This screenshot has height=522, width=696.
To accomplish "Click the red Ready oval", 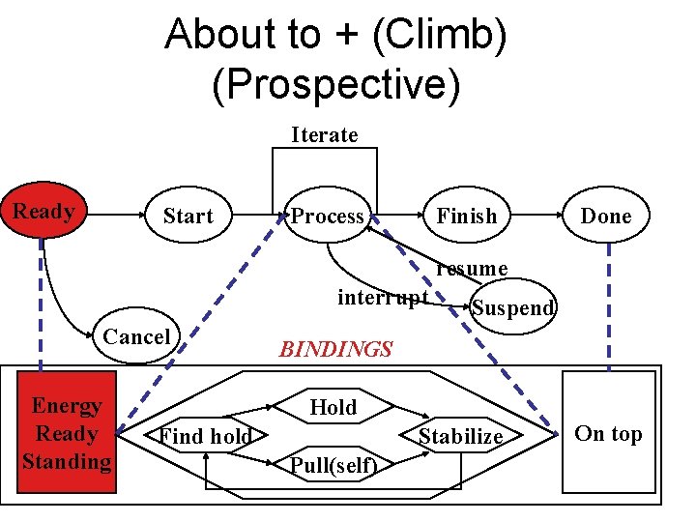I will (x=43, y=212).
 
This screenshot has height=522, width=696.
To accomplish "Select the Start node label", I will (x=188, y=217).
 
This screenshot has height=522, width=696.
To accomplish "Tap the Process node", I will (x=328, y=217).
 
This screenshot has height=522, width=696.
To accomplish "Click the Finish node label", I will (x=466, y=217).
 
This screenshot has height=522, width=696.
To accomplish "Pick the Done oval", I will (x=605, y=217).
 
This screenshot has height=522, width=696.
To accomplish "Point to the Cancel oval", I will (x=136, y=336).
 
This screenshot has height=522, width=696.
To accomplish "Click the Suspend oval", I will (x=512, y=307).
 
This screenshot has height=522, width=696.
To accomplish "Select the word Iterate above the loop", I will (x=325, y=134).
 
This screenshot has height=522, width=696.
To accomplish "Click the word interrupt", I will (x=382, y=297).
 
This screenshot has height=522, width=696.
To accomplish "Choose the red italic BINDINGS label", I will (x=335, y=349).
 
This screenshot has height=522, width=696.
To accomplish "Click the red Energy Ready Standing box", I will (x=67, y=433).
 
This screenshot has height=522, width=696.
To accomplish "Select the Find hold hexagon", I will (x=205, y=437).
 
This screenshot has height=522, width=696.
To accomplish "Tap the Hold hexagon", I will (x=333, y=408).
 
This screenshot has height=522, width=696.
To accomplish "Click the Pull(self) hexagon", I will (x=333, y=466).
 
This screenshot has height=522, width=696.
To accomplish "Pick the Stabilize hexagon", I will (x=460, y=437).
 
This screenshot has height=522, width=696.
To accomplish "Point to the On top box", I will (x=608, y=433).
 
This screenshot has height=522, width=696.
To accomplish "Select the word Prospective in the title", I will (x=335, y=84).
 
